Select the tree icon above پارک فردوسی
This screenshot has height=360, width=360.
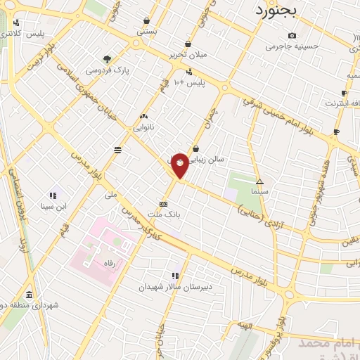pyautogui.click(x=106, y=59)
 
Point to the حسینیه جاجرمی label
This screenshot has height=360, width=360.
pyautogui.click(x=292, y=46)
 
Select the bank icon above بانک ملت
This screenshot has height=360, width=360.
pyautogui.click(x=164, y=202)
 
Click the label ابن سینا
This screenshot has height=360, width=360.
pyautogui.click(x=53, y=206)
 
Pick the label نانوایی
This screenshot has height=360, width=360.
pyautogui.click(x=144, y=128)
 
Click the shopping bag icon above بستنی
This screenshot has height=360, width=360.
pyautogui.click(x=146, y=21)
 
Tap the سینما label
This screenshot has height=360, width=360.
pyautogui.click(x=260, y=191)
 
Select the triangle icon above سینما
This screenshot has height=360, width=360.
pyautogui.click(x=260, y=181)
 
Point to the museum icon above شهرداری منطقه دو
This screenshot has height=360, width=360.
pyautogui.click(x=30, y=295)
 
